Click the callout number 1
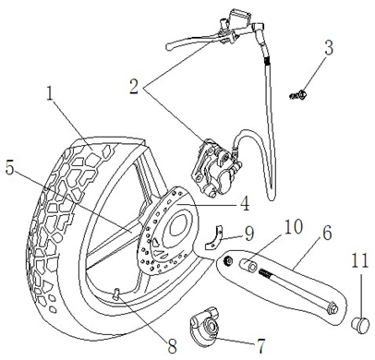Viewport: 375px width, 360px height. click(50, 93)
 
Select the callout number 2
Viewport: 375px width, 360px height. click(134, 87)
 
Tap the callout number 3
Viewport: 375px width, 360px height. click(329, 48)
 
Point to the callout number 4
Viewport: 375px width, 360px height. click(245, 203)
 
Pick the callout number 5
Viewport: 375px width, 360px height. click(9, 168)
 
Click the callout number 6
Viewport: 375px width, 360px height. click(327, 234)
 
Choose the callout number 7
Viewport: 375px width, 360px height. click(260, 346)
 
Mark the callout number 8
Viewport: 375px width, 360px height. click(172, 346)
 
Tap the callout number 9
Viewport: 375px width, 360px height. click(248, 234)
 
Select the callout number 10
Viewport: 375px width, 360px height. click(294, 227)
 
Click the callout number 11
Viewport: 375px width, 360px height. click(359, 261)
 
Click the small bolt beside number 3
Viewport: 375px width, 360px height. click(298, 95)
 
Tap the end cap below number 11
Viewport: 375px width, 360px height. click(360, 324)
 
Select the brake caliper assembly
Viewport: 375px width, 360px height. click(216, 168)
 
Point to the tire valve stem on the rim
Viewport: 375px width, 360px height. click(116, 293)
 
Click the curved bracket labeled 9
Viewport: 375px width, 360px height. click(214, 237)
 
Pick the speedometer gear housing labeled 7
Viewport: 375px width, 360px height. click(204, 326)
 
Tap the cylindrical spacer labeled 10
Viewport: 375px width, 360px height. click(248, 265)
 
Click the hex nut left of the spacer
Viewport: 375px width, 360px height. click(228, 261)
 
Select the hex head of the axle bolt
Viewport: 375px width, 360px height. click(332, 309)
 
